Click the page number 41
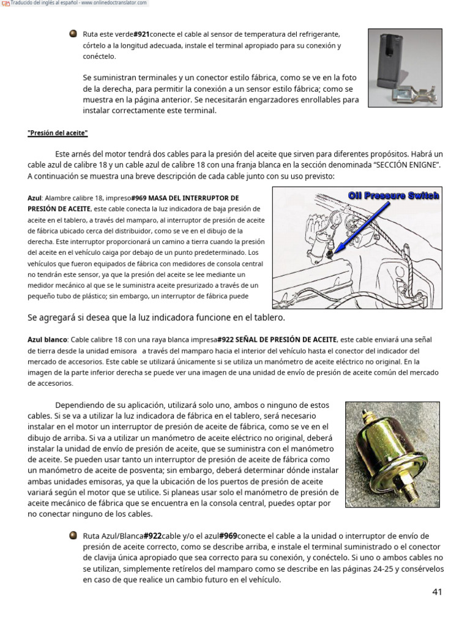(x=436, y=592)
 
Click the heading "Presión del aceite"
(x=58, y=133)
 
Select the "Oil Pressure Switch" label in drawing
(x=394, y=196)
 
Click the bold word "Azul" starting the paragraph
(x=34, y=198)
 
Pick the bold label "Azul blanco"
(x=48, y=339)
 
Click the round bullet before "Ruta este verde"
(x=73, y=34)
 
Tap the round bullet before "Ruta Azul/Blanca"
(x=73, y=536)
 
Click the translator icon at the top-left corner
(x=5, y=4)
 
